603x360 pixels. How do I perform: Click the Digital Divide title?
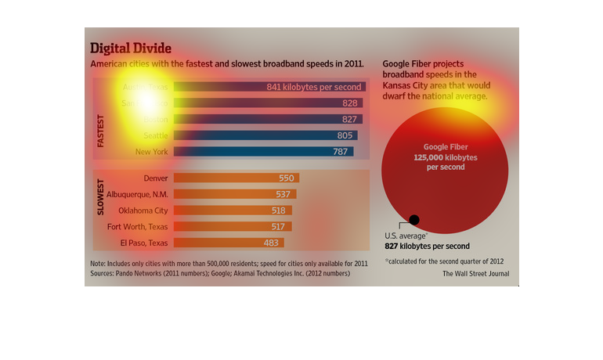131,48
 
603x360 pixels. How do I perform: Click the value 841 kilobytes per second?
313,87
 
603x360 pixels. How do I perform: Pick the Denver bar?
236,178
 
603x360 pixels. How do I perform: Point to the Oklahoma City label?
143,211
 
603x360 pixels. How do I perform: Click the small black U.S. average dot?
414,220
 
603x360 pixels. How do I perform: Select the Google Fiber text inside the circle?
445,147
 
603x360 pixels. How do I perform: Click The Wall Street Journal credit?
475,274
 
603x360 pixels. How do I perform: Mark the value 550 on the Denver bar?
287,178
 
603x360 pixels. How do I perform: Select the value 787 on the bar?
340,151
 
